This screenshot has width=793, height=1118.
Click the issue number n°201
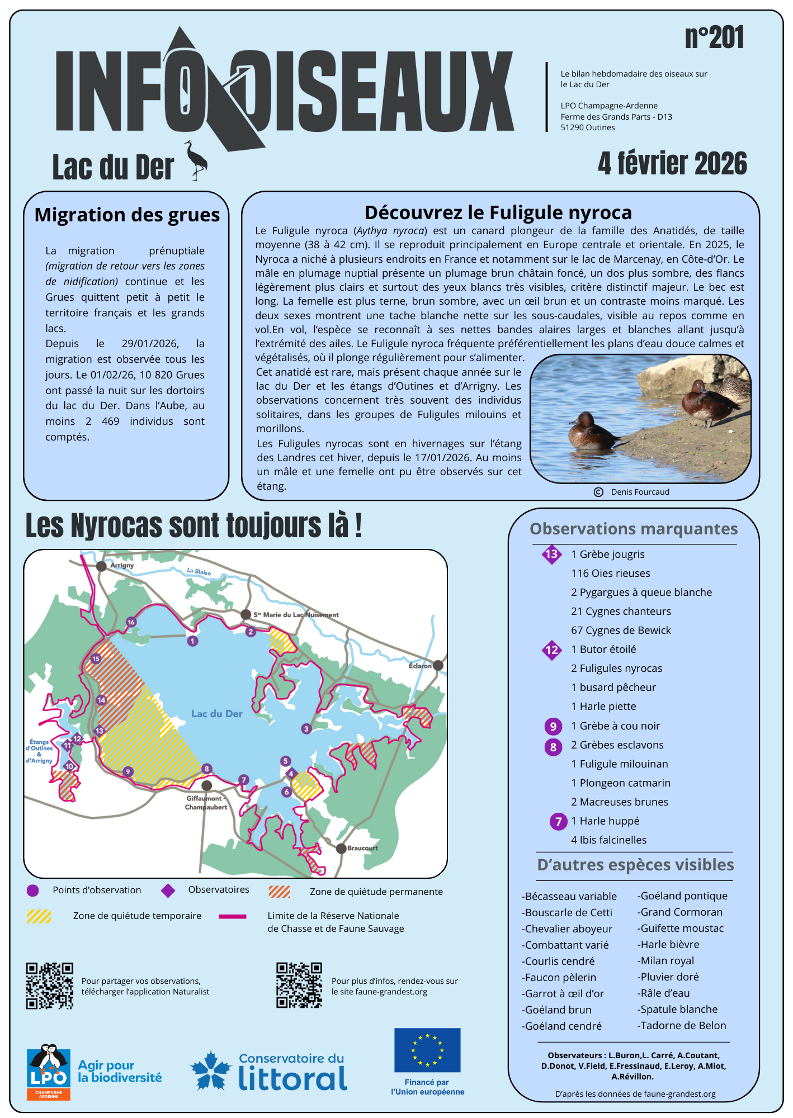[714, 38]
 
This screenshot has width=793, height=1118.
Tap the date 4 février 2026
[672, 163]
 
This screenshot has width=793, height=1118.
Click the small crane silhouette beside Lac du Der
[196, 160]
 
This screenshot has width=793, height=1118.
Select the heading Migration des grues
[127, 215]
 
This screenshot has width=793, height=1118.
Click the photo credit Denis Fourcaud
[639, 492]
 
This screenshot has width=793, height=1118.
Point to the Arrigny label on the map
[122, 565]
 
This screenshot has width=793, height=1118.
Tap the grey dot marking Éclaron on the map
[438, 665]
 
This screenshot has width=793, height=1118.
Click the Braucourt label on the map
[362, 848]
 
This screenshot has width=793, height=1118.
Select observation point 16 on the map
[131, 622]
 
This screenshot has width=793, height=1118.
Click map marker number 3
[306, 729]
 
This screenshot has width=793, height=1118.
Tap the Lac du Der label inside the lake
[217, 714]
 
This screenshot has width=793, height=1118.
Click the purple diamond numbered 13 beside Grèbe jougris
[551, 554]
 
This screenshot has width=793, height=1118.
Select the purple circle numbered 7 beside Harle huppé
[558, 821]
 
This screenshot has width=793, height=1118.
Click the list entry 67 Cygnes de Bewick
[621, 630]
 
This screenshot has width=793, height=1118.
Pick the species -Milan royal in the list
[668, 960]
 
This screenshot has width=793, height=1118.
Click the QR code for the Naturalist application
[49, 986]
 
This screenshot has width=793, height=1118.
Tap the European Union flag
[427, 1050]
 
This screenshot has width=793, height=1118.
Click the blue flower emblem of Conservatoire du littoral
[210, 1070]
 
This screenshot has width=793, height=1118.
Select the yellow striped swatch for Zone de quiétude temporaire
[39, 916]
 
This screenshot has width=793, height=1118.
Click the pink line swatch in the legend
[232, 916]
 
